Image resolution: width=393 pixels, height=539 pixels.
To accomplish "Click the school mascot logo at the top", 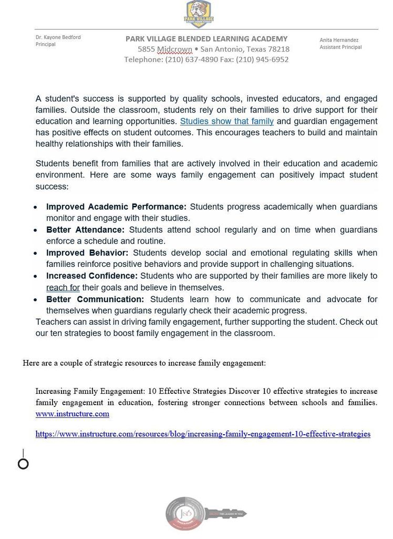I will click(198, 14).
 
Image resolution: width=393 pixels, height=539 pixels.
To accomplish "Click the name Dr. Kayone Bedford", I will click(58, 37).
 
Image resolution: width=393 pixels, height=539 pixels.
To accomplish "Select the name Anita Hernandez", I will click(339, 40).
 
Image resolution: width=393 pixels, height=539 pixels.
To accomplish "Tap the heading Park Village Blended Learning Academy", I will click(206, 38).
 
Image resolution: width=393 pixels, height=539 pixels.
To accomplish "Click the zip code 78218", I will click(278, 49).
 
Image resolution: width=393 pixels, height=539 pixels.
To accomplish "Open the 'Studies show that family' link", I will click(226, 121).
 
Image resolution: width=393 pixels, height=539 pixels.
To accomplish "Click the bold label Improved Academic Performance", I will click(116, 207).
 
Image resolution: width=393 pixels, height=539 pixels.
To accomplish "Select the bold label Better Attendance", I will click(85, 230).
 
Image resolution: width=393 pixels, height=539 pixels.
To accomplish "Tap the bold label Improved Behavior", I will click(87, 253).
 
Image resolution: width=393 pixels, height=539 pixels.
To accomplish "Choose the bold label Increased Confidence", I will click(91, 276).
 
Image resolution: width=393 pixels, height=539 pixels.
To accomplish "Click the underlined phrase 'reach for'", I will click(63, 287).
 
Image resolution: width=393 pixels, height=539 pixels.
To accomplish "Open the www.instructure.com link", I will click(72, 414).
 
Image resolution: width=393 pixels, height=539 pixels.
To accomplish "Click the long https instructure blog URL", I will click(203, 434).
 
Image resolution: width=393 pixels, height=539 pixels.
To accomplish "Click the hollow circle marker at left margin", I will click(23, 464).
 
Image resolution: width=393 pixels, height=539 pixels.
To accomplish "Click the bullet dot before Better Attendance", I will click(36, 231).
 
